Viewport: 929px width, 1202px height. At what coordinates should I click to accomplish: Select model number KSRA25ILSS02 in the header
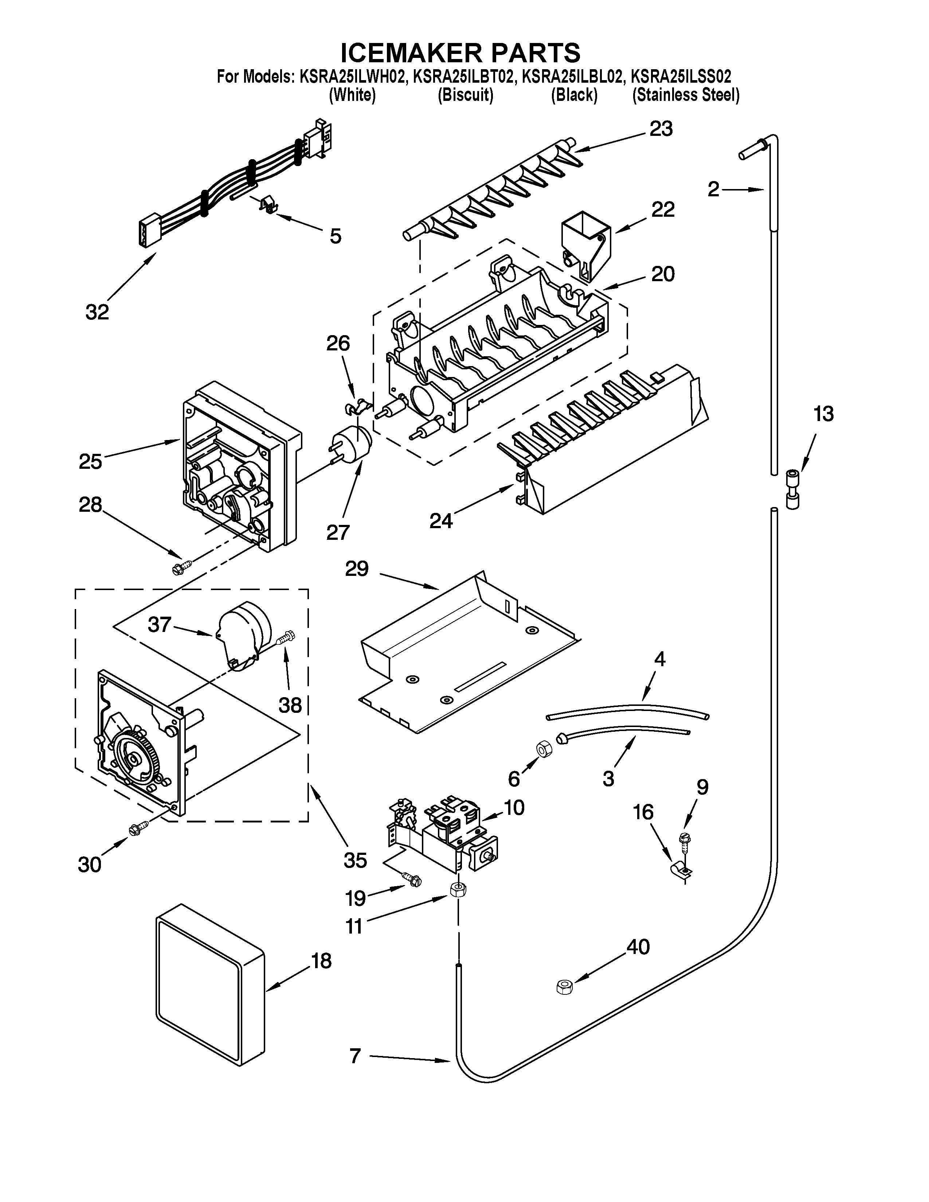[681, 76]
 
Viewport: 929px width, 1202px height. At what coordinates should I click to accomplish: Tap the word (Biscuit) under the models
[466, 95]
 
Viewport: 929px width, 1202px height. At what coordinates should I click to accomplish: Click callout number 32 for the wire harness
[97, 312]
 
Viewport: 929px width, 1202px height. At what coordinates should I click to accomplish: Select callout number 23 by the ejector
[661, 129]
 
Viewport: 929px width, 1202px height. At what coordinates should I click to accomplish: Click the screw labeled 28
[182, 566]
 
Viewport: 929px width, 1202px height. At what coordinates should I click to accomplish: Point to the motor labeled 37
[242, 633]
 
